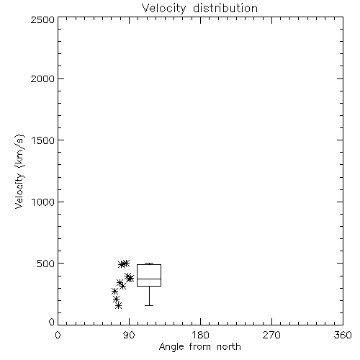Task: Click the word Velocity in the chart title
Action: pyautogui.click(x=163, y=9)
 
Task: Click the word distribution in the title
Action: pyautogui.click(x=225, y=8)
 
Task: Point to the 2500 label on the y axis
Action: pyautogui.click(x=42, y=19)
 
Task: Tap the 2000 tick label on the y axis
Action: pyautogui.click(x=42, y=78)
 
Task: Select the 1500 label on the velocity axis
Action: pyautogui.click(x=43, y=140)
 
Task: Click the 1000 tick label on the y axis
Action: pyautogui.click(x=43, y=202)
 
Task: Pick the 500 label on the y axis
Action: pyautogui.click(x=46, y=264)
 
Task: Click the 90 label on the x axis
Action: pyautogui.click(x=129, y=335)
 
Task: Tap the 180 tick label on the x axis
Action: pyautogui.click(x=200, y=335)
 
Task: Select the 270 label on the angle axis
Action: pyautogui.click(x=271, y=335)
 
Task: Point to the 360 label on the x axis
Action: pyautogui.click(x=343, y=335)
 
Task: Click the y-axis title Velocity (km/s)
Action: pyautogui.click(x=19, y=171)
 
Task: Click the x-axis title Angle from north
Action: pyautogui.click(x=199, y=347)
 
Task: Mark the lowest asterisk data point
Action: pyautogui.click(x=118, y=306)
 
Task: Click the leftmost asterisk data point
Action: pyautogui.click(x=114, y=292)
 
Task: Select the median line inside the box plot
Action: pyautogui.click(x=149, y=279)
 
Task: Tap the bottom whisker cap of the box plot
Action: pyautogui.click(x=149, y=305)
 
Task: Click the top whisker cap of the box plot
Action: pyautogui.click(x=149, y=264)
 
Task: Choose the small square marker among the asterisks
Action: pyautogui.click(x=121, y=284)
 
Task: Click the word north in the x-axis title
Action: pyautogui.click(x=229, y=346)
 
